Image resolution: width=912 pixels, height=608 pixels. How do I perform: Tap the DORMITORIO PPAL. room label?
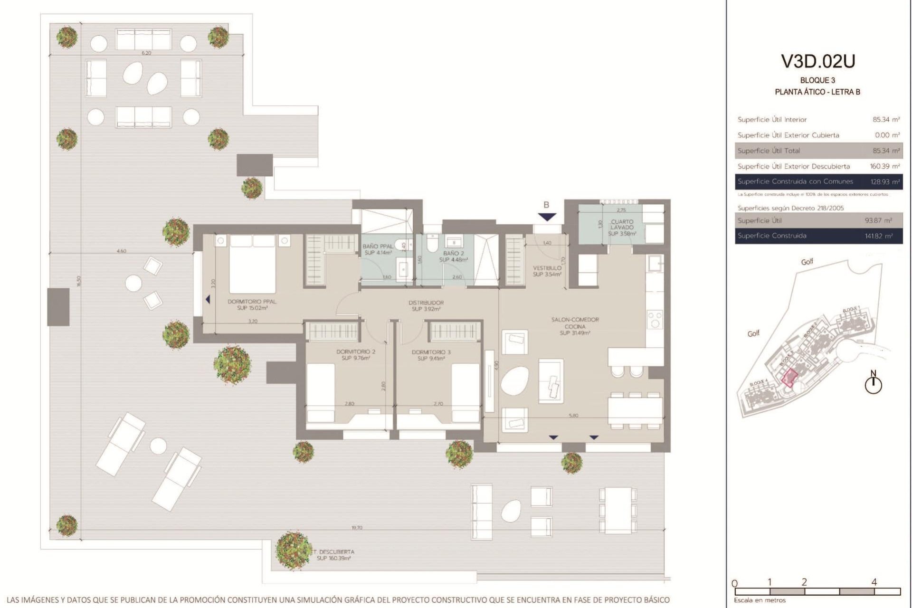coord(252,304)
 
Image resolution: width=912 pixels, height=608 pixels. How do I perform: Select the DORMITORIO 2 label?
coord(356,355)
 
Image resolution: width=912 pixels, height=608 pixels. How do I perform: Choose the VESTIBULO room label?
coord(547,271)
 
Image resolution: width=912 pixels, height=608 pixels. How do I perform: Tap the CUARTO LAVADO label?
coord(622,227)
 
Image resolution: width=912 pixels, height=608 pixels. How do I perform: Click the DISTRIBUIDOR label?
coord(426,305)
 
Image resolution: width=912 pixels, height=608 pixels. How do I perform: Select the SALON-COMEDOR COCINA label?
coord(575,326)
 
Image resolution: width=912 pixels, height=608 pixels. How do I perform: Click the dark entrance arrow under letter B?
coord(547,217)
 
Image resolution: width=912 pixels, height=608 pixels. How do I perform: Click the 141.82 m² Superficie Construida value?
coord(878,236)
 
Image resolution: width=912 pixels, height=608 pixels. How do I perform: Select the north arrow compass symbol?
coord(873,384)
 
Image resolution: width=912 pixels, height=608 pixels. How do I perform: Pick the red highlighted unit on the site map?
coord(789,378)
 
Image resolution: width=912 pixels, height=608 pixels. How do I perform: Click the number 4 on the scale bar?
coord(874,582)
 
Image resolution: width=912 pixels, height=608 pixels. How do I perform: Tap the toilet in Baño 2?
coord(431,244)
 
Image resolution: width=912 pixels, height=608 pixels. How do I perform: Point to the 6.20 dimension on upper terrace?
coord(146,53)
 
